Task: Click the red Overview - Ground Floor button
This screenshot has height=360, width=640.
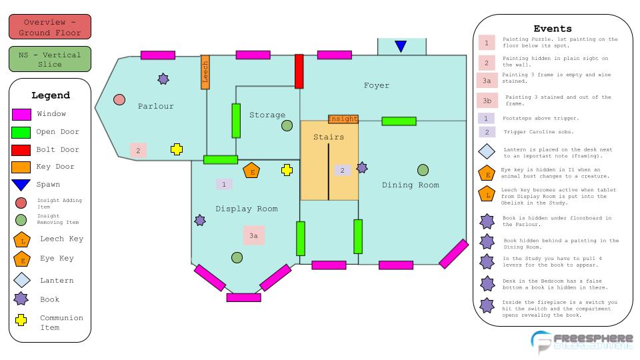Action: point(50,27)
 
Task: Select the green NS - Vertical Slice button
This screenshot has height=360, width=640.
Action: point(50,59)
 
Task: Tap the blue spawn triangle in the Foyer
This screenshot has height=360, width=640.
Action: point(401,46)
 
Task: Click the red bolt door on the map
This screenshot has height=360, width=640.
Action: point(299,71)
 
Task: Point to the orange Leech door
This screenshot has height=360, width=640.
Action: point(205,72)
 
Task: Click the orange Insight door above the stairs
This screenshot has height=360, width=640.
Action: point(343,119)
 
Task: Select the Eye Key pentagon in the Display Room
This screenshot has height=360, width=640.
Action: point(251,171)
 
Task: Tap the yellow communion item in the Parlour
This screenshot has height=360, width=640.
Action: point(177,149)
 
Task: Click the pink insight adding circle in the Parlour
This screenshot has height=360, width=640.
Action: point(119,100)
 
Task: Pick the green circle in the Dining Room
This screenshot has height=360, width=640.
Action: point(423,170)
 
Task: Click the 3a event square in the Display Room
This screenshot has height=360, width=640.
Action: point(253,235)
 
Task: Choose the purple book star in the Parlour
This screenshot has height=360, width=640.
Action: point(163,79)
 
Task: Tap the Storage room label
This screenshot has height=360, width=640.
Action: point(267,115)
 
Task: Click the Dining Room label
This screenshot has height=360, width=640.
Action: point(411,185)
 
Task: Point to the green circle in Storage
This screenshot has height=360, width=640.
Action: point(287,125)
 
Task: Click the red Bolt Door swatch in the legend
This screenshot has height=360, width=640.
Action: point(21,149)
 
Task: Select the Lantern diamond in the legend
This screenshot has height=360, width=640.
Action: point(21,280)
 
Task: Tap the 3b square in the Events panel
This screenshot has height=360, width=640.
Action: point(487,101)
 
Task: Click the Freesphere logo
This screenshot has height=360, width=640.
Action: point(581,341)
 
